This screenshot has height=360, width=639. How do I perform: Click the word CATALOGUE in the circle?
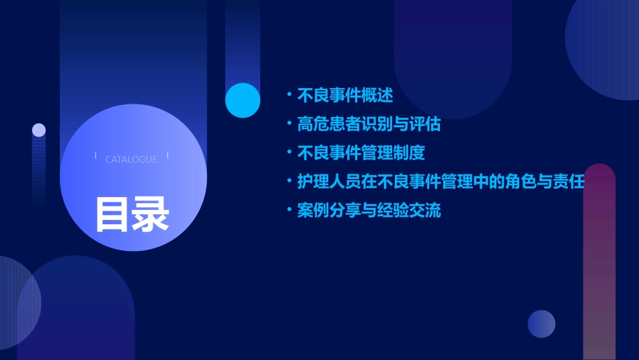click(131, 159)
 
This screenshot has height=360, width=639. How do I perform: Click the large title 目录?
click(132, 215)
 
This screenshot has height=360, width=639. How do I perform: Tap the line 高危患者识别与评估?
click(369, 124)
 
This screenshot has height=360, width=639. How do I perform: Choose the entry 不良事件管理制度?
click(361, 153)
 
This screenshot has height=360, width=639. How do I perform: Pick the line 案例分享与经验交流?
click(369, 211)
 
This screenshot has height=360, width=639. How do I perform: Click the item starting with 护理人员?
click(441, 182)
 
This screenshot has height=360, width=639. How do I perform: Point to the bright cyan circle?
click(243, 100)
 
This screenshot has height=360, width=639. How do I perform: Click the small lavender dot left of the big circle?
click(39, 130)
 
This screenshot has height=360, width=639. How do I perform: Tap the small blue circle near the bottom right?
click(541, 324)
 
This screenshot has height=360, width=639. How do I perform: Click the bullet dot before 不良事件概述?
click(289, 96)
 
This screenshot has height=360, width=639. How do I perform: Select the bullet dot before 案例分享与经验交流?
click(289, 211)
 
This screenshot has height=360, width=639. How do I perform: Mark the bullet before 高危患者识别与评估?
click(289, 124)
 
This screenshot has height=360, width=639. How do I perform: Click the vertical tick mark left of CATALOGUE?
click(96, 156)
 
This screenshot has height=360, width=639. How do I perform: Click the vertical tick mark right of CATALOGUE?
click(167, 156)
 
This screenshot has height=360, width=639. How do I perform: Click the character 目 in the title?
click(112, 215)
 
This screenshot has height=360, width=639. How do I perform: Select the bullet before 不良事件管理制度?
click(289, 153)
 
